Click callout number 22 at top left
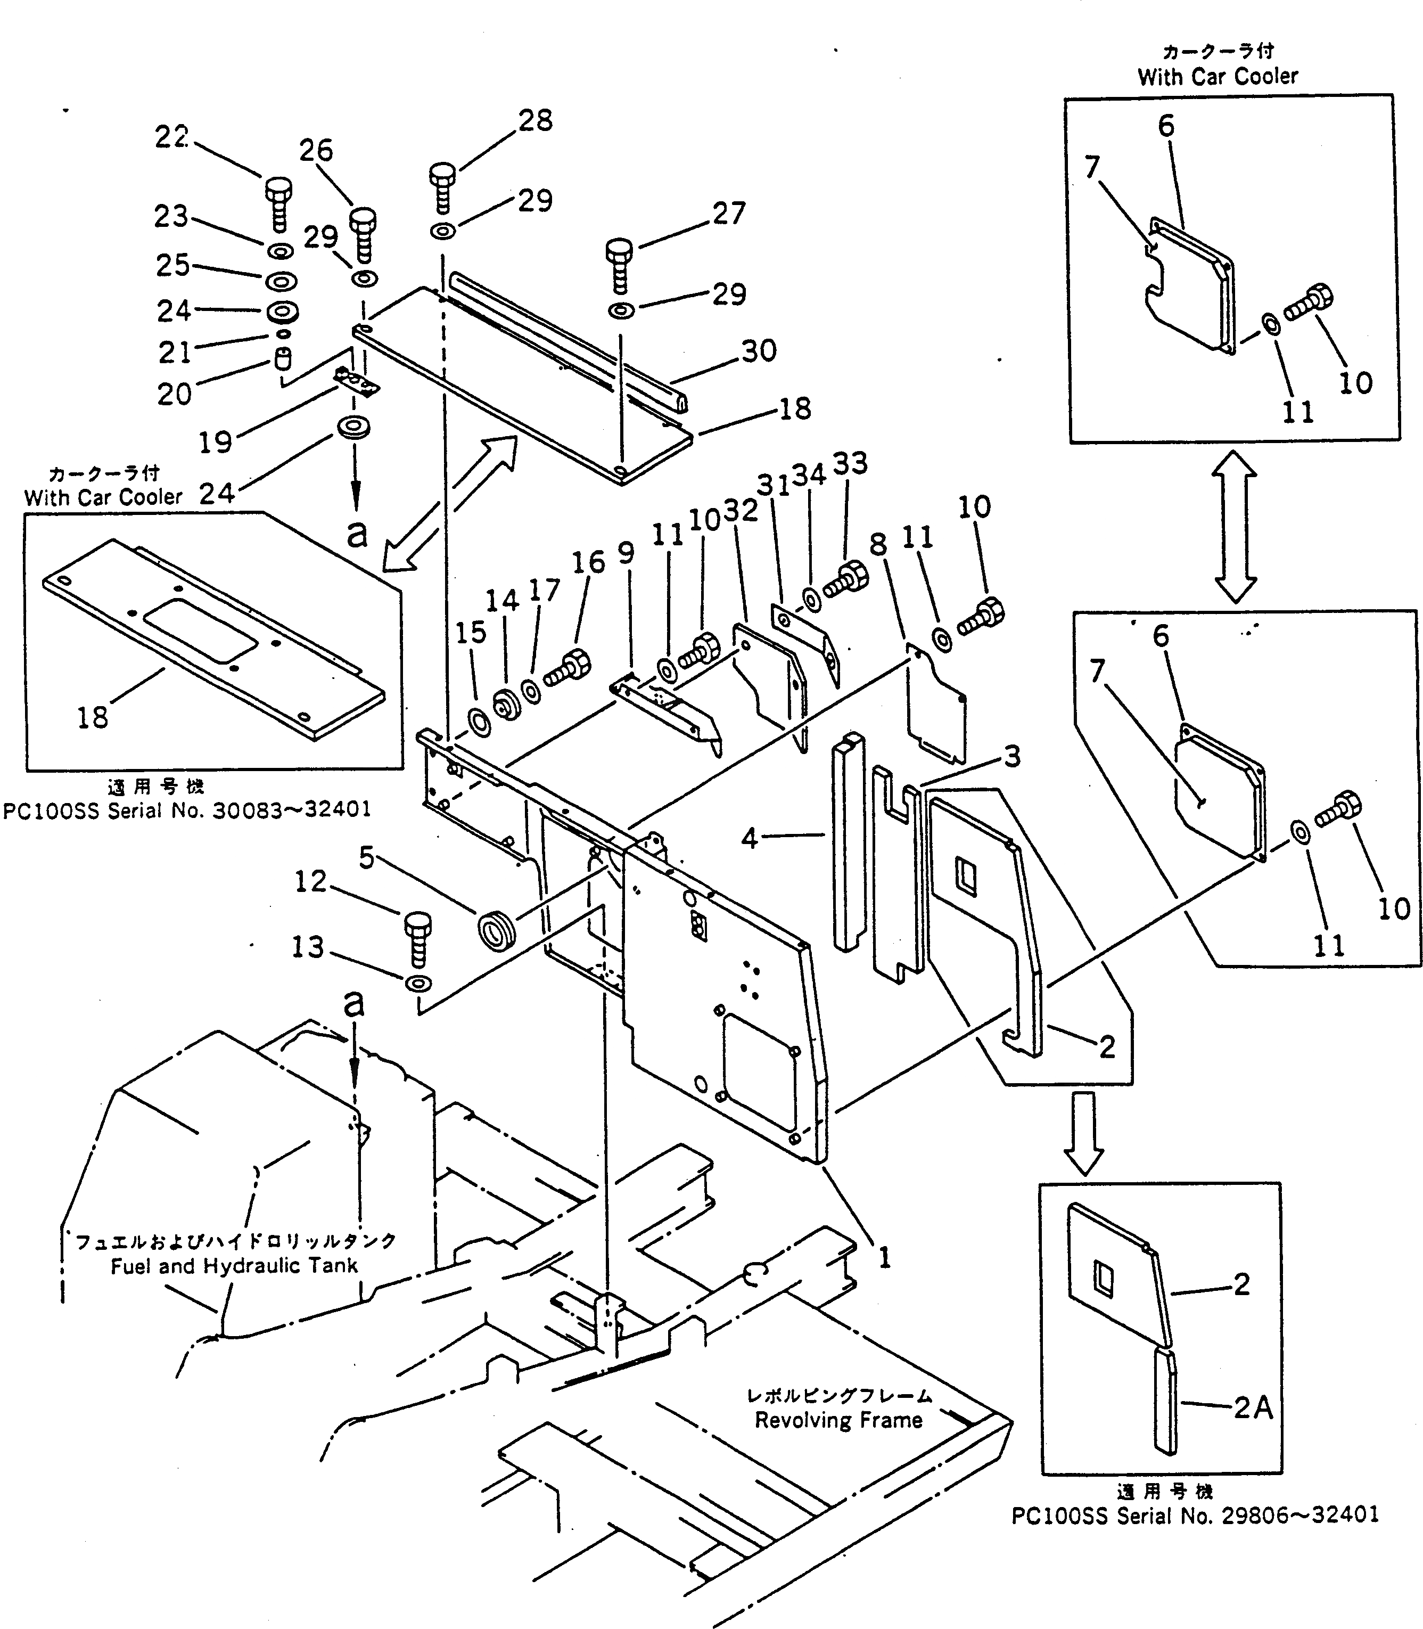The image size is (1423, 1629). tap(171, 137)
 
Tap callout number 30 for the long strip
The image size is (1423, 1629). tap(759, 350)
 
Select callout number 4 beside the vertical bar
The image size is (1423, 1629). tap(750, 838)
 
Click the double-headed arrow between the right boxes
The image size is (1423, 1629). tap(1234, 527)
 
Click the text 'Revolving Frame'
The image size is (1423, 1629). tap(838, 1420)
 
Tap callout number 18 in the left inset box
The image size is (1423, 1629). tap(92, 717)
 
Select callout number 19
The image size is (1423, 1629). tap(215, 443)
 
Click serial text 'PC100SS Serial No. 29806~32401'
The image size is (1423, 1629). tap(1194, 1516)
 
